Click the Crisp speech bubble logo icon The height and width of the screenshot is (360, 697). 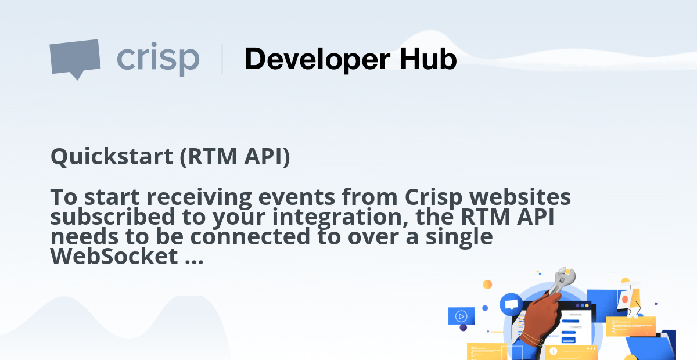coord(74,58)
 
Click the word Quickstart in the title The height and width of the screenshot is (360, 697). coord(110,157)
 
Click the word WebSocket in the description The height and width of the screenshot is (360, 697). coord(113,256)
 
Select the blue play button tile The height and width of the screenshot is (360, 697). coord(461,316)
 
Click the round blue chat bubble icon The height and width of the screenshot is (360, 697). coord(511,304)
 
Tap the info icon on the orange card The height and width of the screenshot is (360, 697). coord(554,351)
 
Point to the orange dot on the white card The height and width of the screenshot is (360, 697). coord(625,299)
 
